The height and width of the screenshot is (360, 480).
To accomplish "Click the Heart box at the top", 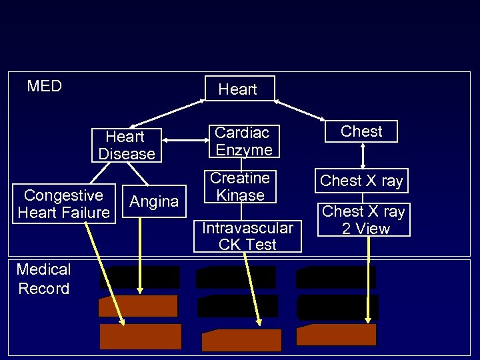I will (239, 89).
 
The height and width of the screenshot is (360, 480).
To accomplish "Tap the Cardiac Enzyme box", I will (243, 141).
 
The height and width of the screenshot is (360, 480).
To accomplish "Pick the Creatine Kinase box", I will (240, 187).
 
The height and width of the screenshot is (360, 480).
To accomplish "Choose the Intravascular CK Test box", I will (247, 236).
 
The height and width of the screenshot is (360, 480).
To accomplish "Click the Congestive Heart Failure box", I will (63, 204).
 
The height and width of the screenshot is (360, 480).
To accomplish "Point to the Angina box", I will (154, 201).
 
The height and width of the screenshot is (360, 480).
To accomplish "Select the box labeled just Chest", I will (361, 131).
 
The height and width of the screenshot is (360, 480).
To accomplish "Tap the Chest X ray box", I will (362, 180).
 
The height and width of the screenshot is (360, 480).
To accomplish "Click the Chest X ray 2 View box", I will (363, 219).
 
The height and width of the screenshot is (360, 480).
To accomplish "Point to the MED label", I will (44, 86).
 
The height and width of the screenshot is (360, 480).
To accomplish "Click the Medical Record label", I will (43, 279).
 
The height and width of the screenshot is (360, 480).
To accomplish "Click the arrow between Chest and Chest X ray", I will (362, 155).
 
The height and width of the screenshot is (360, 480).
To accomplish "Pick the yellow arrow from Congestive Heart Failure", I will (105, 273).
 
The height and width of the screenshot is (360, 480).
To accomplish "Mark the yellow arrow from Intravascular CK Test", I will (253, 287).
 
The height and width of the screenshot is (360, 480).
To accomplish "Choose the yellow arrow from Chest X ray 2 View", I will (368, 280).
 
